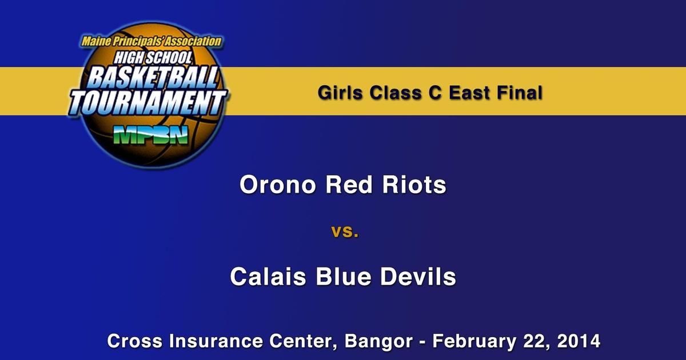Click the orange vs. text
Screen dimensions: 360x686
click(x=345, y=233)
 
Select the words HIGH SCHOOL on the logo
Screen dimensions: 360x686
click(x=152, y=57)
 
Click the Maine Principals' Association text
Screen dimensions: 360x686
click(x=151, y=41)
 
